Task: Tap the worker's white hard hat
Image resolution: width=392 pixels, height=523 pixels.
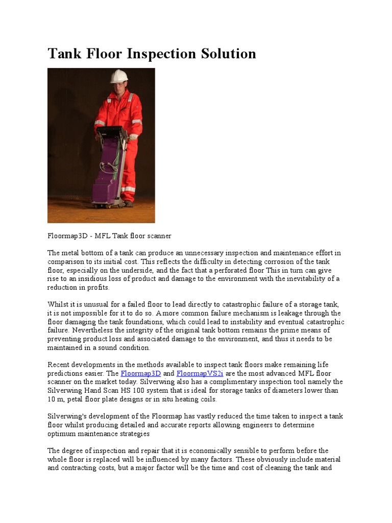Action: tap(119, 76)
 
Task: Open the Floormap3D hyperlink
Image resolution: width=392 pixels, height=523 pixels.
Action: tap(141, 373)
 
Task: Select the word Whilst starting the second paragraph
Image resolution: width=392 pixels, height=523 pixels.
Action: tap(58, 304)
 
